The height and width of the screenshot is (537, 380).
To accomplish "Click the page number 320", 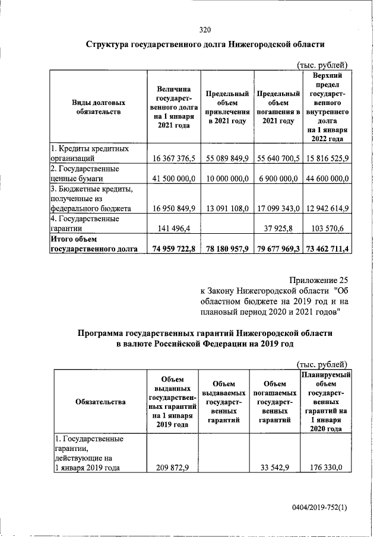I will coord(205,30).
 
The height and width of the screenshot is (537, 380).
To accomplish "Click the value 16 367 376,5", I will coord(174,158).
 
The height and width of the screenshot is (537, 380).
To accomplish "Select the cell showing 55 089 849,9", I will coord(226,158).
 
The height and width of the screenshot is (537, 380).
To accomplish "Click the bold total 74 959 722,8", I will coord(173,249).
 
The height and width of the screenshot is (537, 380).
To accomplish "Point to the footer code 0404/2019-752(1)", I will coord(318,509).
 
